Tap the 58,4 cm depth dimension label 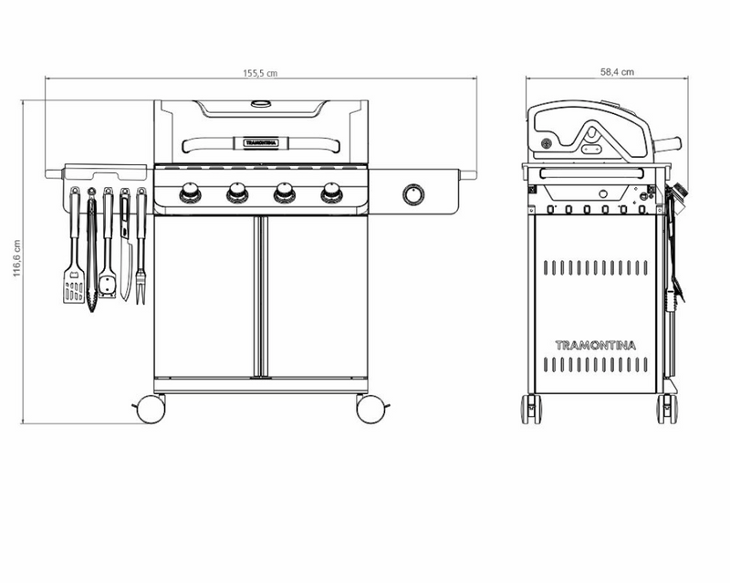point(618,70)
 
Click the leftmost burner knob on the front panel point(191,193)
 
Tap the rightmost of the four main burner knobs point(331,193)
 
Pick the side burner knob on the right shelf point(413,194)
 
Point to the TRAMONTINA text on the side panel point(596,345)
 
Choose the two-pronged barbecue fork point(141,274)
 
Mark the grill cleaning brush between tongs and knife point(109,265)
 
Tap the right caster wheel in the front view point(370,410)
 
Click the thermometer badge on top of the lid point(261,104)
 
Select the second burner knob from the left point(237,193)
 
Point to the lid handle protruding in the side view point(673,143)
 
